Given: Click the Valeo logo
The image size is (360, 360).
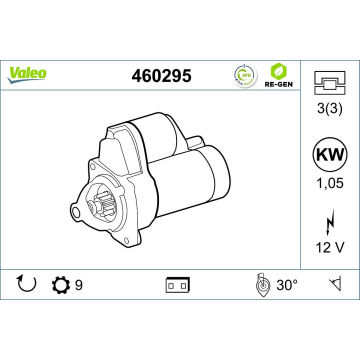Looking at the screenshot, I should click(x=27, y=73).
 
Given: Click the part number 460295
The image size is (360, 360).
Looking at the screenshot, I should click(x=161, y=75).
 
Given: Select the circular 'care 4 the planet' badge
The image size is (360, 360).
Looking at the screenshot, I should click(x=244, y=75).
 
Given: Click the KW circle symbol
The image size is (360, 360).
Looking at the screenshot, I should click(x=329, y=154).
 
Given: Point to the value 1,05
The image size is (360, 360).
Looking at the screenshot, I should click(x=329, y=183).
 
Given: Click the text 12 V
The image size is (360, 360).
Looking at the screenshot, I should click(x=329, y=247).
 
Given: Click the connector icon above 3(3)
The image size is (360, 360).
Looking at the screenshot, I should click(x=329, y=83).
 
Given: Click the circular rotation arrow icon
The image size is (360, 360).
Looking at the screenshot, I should click(x=27, y=284).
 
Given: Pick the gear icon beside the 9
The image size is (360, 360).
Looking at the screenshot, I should click(x=61, y=285).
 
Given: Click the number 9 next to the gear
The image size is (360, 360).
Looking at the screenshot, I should click(x=78, y=285).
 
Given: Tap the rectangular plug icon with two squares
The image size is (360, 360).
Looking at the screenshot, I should click(x=177, y=285).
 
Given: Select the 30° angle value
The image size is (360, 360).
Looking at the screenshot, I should click(x=287, y=285).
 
